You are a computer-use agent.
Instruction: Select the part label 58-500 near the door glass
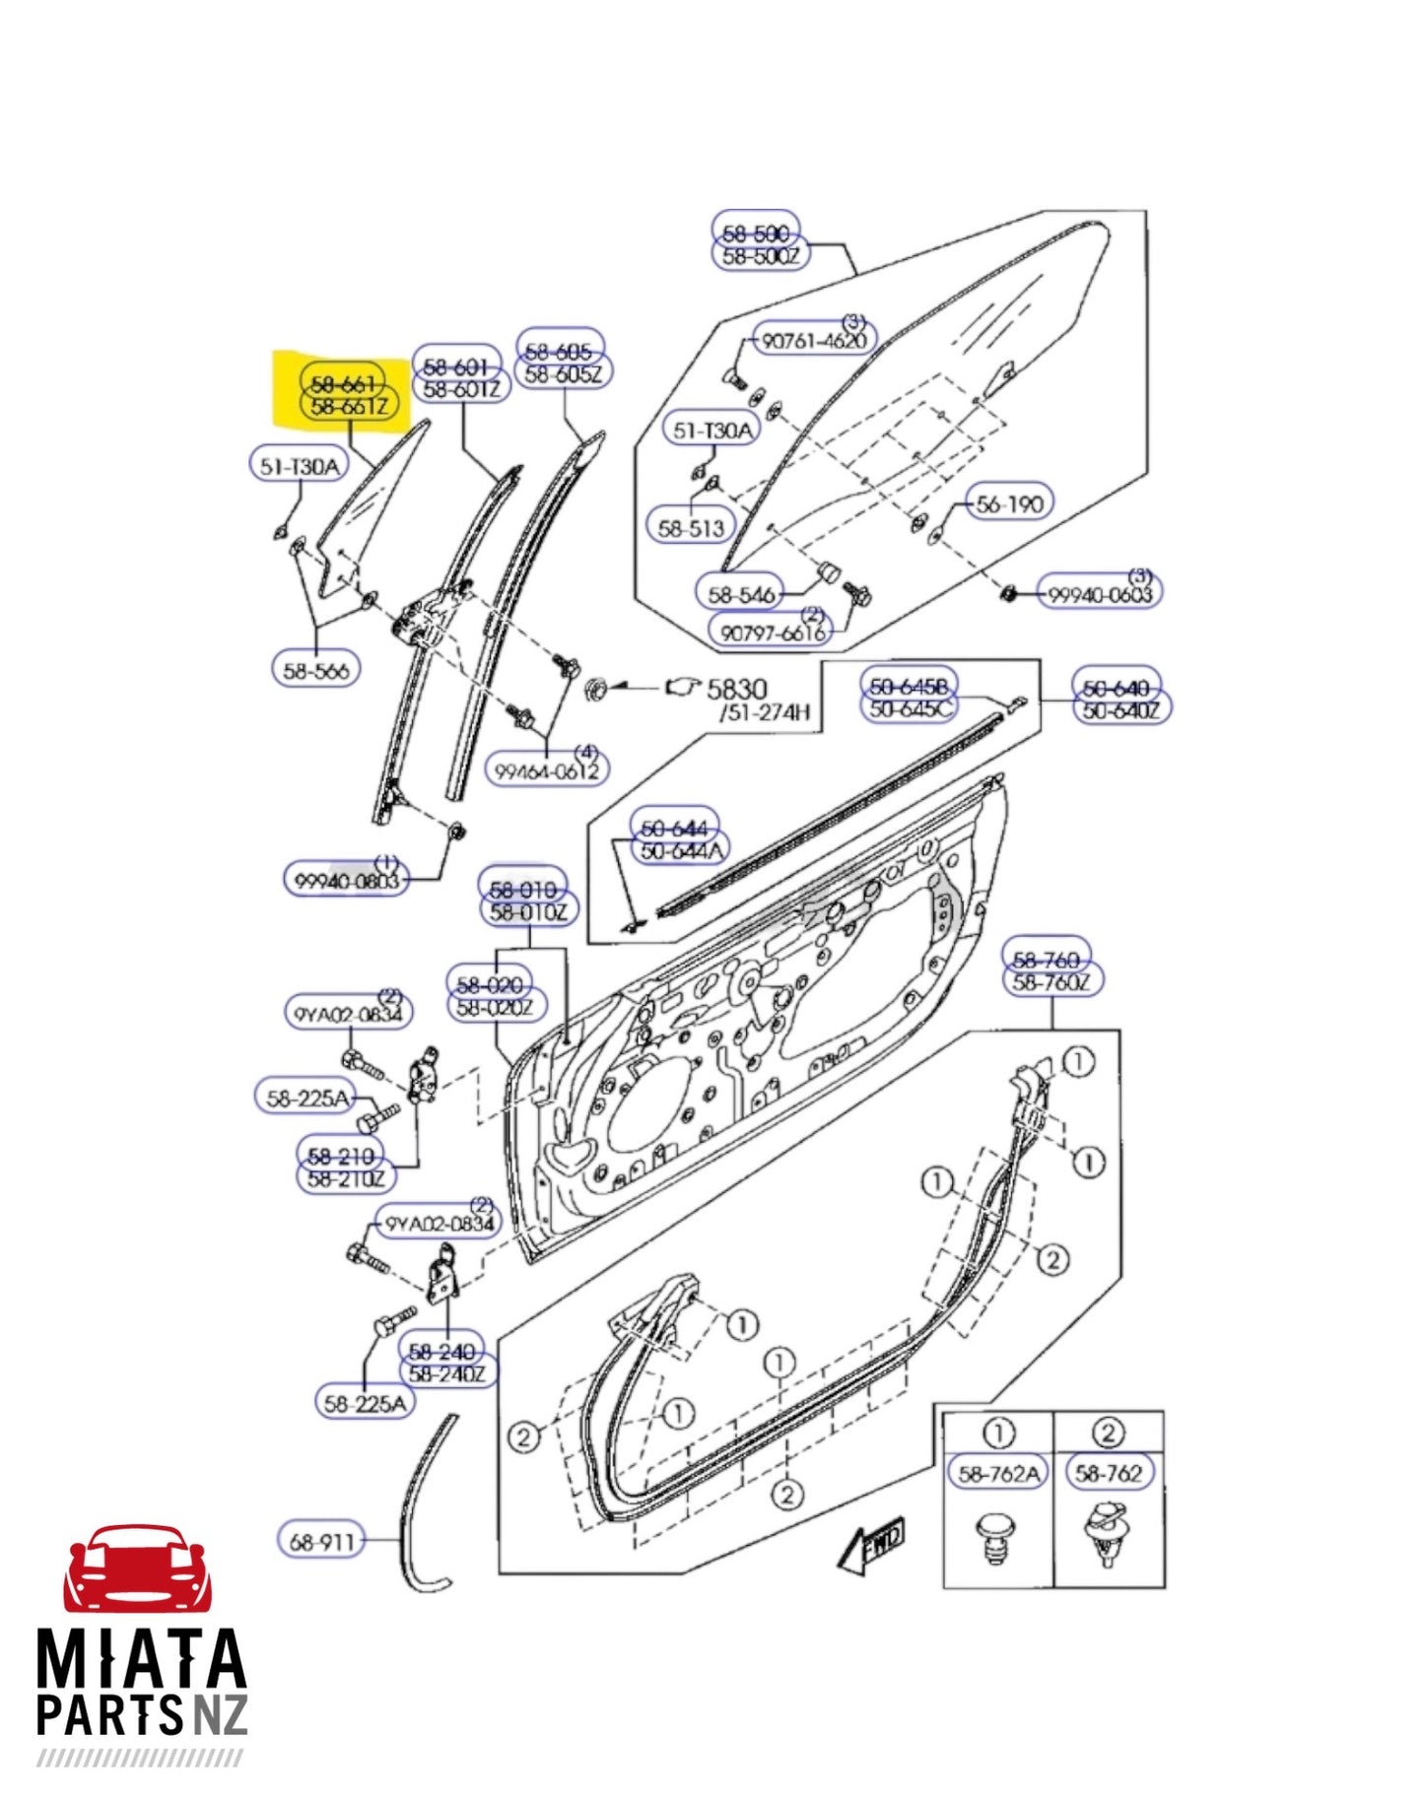[x=756, y=234]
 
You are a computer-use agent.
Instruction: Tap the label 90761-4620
[x=814, y=341]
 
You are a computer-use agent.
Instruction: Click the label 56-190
[x=1009, y=503]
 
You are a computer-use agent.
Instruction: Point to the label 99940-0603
[x=1099, y=594]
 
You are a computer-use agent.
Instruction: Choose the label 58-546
[x=742, y=594]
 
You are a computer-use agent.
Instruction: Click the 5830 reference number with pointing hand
[x=735, y=689]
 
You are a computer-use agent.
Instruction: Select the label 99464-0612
[x=547, y=770]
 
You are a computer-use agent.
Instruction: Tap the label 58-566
[x=315, y=670]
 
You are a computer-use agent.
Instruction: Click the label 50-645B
[x=909, y=685]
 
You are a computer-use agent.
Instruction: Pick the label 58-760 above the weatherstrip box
[x=1046, y=958]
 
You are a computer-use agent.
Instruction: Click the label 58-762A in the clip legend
[x=998, y=1473]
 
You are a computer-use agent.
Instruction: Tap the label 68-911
[x=321, y=1540]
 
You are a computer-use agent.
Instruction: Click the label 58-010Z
[x=528, y=912]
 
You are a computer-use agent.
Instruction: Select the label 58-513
[x=691, y=527]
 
